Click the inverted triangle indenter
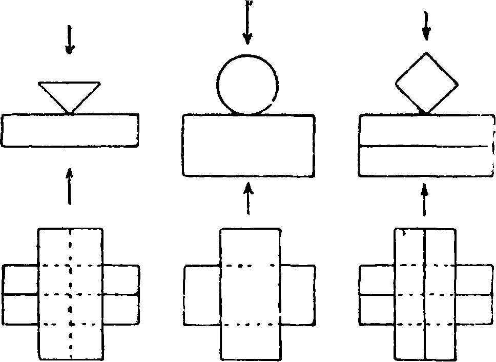69,92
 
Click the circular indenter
248,84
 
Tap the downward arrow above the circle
248,26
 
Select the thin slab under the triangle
70,130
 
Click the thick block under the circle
249,146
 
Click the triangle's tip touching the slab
69,112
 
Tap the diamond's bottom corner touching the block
424,112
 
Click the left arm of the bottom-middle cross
202,294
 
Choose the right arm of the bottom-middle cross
298,294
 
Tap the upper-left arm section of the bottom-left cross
20,279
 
